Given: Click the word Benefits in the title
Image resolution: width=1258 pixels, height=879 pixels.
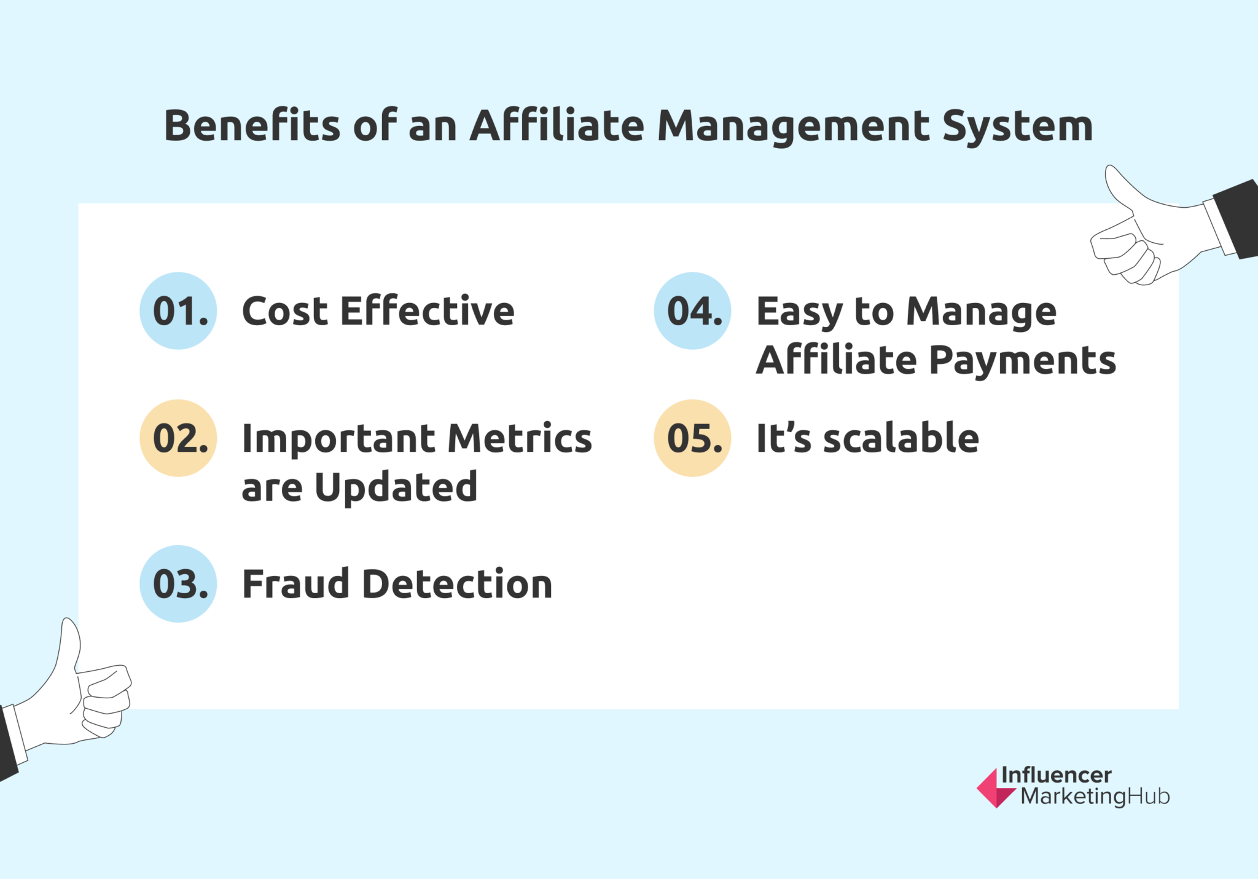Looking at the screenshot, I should pos(252,126).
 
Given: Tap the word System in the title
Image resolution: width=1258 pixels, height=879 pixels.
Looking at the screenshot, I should pos(1017,126).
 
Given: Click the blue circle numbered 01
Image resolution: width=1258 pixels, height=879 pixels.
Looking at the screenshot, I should pos(178,311).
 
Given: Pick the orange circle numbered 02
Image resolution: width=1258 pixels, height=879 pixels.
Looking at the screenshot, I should pos(178,438).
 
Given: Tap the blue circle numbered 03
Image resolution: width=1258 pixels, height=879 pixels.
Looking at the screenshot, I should pos(178,584).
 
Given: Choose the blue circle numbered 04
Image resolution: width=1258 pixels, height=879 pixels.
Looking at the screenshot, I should pos(692,311).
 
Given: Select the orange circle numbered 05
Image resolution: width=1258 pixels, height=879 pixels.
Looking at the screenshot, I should pos(692,438).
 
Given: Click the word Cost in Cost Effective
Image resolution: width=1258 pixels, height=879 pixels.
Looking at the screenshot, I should pos(284,311).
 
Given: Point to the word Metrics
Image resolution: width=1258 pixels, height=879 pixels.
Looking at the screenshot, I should pos(520,438).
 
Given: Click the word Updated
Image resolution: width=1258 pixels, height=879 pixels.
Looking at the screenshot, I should pos(396,487).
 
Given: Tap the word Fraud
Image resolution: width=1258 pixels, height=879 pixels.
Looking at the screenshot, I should pos(295,584).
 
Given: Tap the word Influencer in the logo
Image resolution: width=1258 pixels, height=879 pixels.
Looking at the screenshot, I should pos(1056,775).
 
